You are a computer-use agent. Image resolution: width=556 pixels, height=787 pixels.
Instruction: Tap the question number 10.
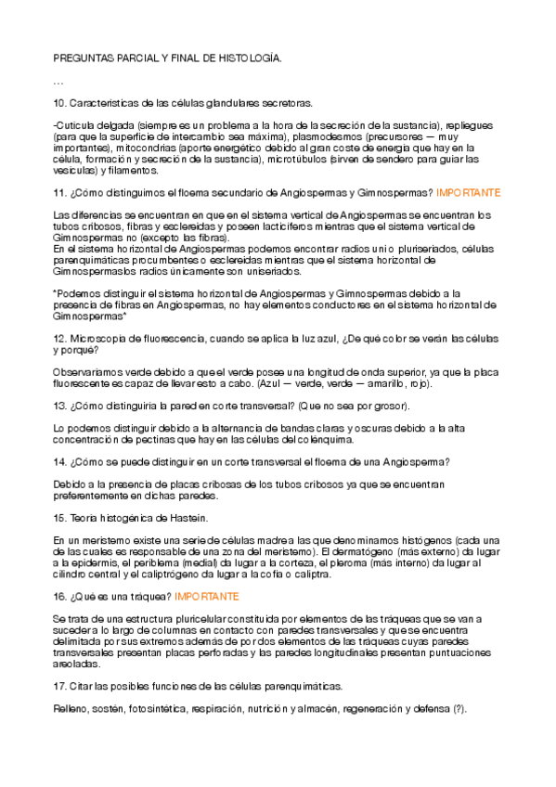click(x=59, y=103)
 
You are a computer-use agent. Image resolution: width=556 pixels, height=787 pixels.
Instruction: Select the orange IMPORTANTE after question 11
click(x=469, y=193)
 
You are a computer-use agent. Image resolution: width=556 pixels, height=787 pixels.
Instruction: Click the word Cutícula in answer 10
click(x=76, y=124)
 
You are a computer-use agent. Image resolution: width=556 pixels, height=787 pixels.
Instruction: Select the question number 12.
click(x=59, y=340)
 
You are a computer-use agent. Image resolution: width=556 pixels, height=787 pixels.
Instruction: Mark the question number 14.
click(x=59, y=462)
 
